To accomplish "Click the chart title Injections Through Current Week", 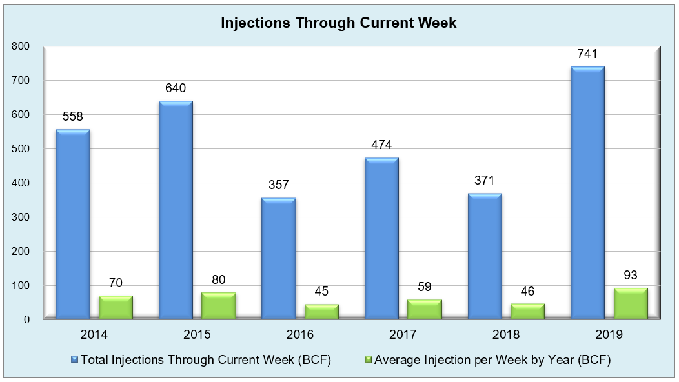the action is tap(339, 23).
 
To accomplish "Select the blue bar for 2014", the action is tap(73, 225).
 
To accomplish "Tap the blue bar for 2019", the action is tap(587, 193).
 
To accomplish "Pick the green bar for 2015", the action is tap(219, 307).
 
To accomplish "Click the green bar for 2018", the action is tap(527, 312).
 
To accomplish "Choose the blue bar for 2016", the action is tap(279, 259).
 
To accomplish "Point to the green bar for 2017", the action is tap(425, 310).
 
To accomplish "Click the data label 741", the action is tap(587, 54).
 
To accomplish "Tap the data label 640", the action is tap(176, 88).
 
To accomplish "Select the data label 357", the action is tap(278, 185).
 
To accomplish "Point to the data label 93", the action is tap(631, 275).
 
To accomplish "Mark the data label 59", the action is tap(425, 286).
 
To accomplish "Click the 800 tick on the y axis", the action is tap(21, 46).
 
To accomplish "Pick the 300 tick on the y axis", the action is tap(21, 217).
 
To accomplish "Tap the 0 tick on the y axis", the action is tap(27, 320).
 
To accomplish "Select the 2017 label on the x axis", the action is tap(403, 334).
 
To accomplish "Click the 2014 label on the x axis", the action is tap(94, 334).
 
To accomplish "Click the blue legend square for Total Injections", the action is tap(74, 360).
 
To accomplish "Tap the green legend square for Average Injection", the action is tap(369, 360).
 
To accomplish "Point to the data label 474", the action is tap(381, 145).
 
